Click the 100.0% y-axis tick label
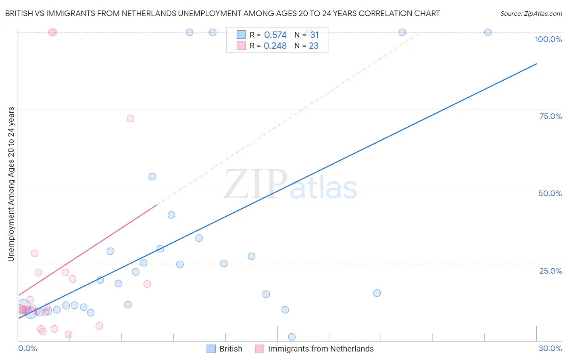pos(548,39)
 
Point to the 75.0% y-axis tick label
pos(550,116)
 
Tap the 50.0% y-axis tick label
pos(550,193)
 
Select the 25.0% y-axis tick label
pos(550,271)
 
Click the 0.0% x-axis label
pos(27,348)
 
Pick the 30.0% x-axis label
pos(550,348)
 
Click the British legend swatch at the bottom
pos(211,349)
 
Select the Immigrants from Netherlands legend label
pos(321,349)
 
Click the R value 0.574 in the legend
pos(275,35)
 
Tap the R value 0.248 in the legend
pos(275,46)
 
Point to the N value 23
pos(313,46)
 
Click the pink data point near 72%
pos(130,119)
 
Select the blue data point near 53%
pos(152,176)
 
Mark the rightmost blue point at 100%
pos(488,32)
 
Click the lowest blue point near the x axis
pos(292,337)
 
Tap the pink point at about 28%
pos(35,253)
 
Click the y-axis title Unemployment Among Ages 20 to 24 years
pos(11,184)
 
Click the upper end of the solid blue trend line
pos(536,64)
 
